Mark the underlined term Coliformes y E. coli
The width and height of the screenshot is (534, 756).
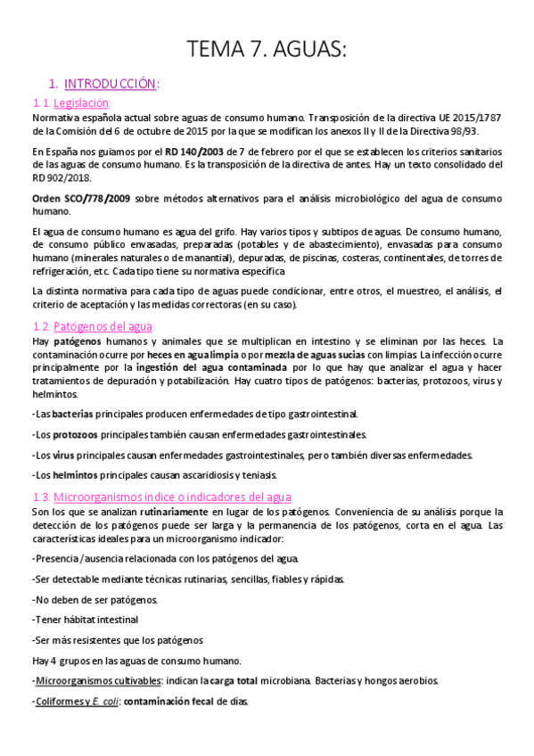click(x=76, y=701)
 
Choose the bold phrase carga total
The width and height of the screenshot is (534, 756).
click(x=234, y=680)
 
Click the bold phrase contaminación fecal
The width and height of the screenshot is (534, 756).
click(x=166, y=701)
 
